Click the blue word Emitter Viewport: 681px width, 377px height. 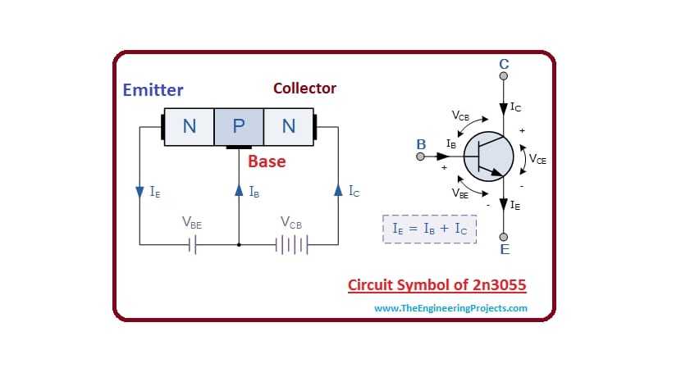(x=153, y=90)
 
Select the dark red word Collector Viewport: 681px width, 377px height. (x=304, y=88)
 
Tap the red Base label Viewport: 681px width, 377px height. (x=267, y=161)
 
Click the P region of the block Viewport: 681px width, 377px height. (x=239, y=126)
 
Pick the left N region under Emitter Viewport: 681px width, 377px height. (x=190, y=126)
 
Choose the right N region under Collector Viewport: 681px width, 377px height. (x=288, y=126)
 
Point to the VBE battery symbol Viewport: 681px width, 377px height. (x=192, y=244)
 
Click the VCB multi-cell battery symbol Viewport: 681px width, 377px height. (x=295, y=244)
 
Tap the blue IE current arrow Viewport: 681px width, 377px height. (x=139, y=191)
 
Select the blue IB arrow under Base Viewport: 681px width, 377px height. (x=239, y=191)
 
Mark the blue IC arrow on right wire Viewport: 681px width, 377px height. (x=338, y=191)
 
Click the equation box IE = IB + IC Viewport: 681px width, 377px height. (x=429, y=229)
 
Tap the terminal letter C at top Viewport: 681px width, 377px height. (x=504, y=62)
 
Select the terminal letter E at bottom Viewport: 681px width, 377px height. (x=504, y=249)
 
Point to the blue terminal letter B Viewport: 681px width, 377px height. (x=421, y=145)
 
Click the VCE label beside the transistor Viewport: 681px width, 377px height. (x=537, y=160)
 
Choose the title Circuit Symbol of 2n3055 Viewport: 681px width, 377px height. (x=436, y=285)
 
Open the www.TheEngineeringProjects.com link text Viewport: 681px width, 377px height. (x=450, y=308)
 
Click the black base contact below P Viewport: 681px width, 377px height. (x=239, y=148)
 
